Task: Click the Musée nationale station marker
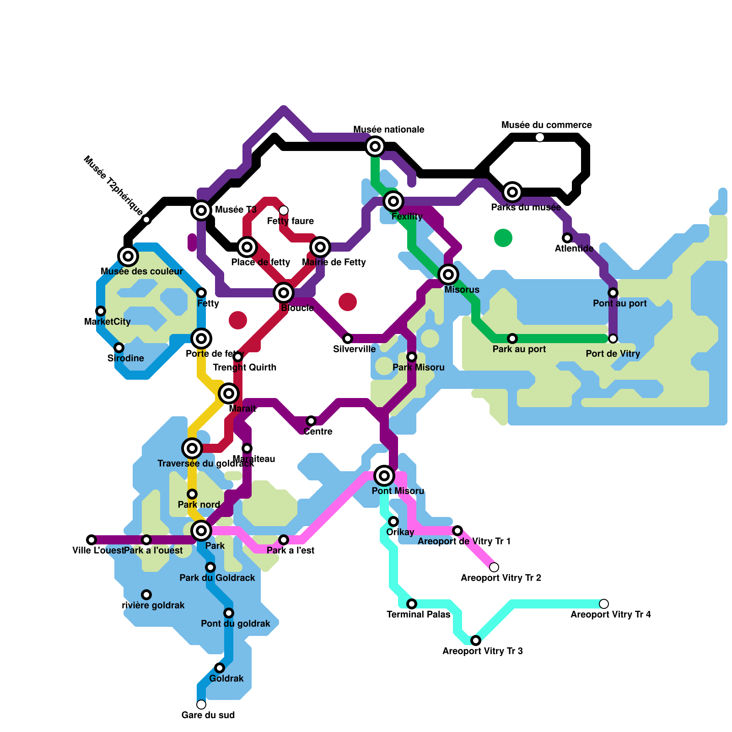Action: pos(375,146)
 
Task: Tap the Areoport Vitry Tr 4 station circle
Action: pos(604,604)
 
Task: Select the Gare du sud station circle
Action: pos(201,705)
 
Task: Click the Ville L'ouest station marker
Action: pos(91,540)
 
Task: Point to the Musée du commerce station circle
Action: pos(540,137)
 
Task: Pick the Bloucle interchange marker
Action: pos(284,293)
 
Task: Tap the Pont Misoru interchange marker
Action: pos(384,476)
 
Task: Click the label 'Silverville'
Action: pos(354,349)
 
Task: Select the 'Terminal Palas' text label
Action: pos(418,614)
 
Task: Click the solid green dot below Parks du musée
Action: pos(503,238)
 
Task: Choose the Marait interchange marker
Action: pos(229,393)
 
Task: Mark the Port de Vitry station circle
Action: pos(613,339)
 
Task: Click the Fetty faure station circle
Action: pos(284,210)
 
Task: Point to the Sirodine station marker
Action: pos(119,348)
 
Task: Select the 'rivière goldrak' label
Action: pos(153,605)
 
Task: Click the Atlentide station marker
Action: pos(567,238)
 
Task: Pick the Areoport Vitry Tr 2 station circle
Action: pos(494,567)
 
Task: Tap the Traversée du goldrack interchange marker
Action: pos(192,448)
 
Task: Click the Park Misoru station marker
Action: pos(412,357)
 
